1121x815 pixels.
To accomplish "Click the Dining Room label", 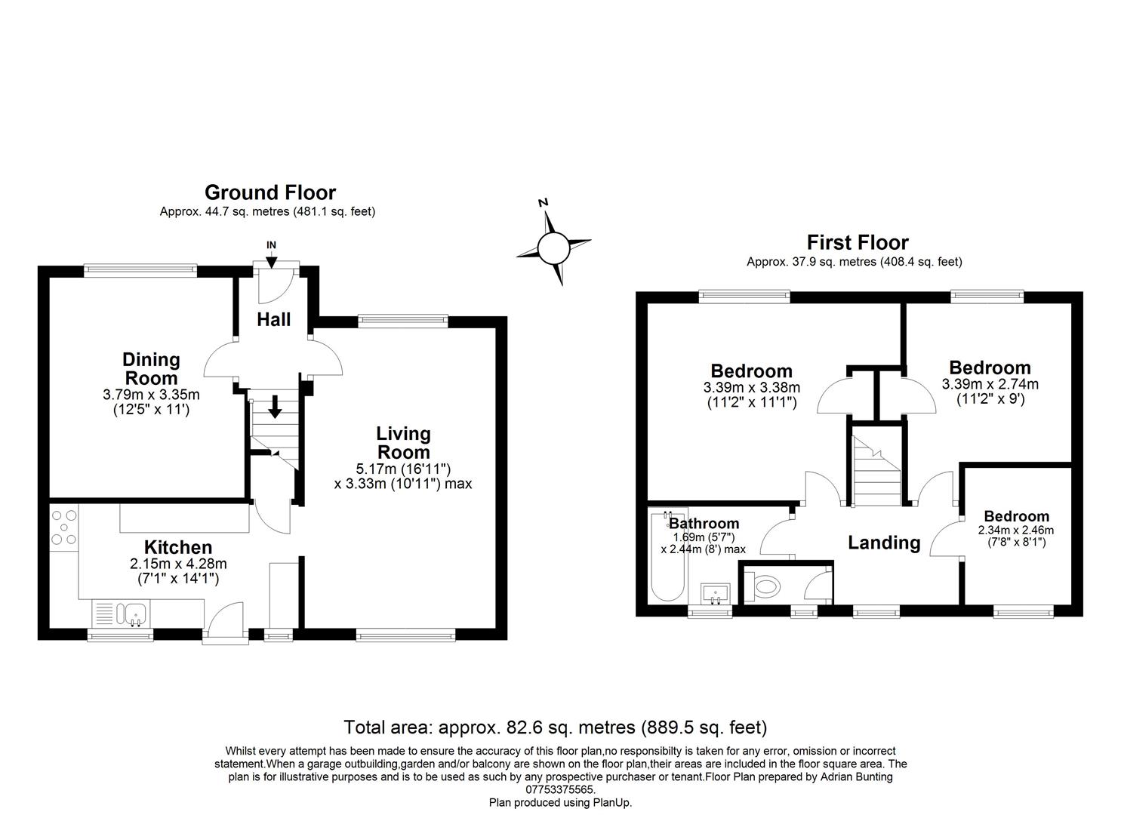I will point(152,369).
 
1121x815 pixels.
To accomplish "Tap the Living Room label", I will point(403,443).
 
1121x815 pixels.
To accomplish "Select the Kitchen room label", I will point(178,547).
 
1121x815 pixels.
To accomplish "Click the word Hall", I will point(273,320).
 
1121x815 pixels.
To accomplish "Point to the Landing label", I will point(884,543).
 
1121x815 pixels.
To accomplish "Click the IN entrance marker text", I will point(271,245).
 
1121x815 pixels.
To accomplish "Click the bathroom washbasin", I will point(714,592).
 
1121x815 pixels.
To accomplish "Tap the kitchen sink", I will point(123,612).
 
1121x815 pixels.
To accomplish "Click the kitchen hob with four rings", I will point(63,527).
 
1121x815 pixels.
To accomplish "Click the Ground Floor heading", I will point(269,193).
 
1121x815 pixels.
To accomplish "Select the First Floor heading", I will point(858,242).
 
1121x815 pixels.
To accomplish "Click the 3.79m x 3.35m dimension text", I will point(152,395).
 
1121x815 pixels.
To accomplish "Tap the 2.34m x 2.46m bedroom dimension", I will point(1016,530).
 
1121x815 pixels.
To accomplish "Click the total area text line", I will point(555,727).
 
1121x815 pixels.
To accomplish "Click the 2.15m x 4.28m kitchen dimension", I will point(178,563).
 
